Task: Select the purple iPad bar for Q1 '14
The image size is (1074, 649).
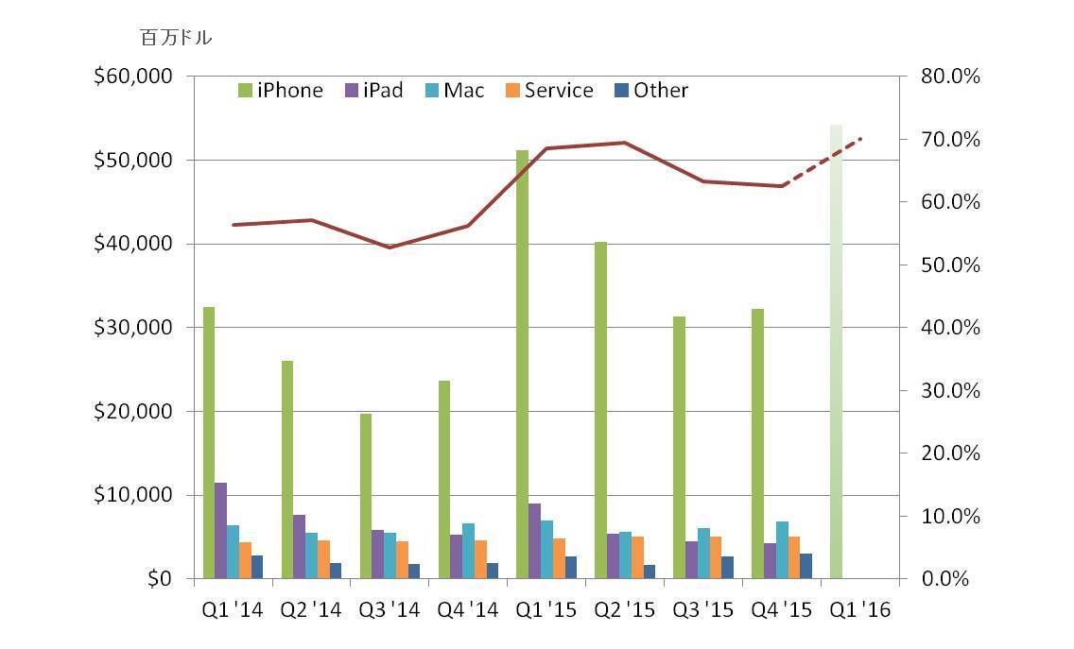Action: (220, 530)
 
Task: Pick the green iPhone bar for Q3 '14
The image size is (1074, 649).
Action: (365, 496)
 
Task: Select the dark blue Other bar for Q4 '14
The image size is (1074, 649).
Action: (493, 571)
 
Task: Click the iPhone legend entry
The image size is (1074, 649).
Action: (282, 91)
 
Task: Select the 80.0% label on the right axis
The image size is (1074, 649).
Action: (950, 77)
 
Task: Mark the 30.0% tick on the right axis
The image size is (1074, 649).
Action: (950, 391)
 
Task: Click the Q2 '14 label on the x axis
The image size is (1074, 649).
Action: (310, 610)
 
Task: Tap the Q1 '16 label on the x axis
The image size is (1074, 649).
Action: (859, 610)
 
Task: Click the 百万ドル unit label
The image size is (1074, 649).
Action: (176, 39)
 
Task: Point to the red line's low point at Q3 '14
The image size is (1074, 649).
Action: (390, 248)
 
